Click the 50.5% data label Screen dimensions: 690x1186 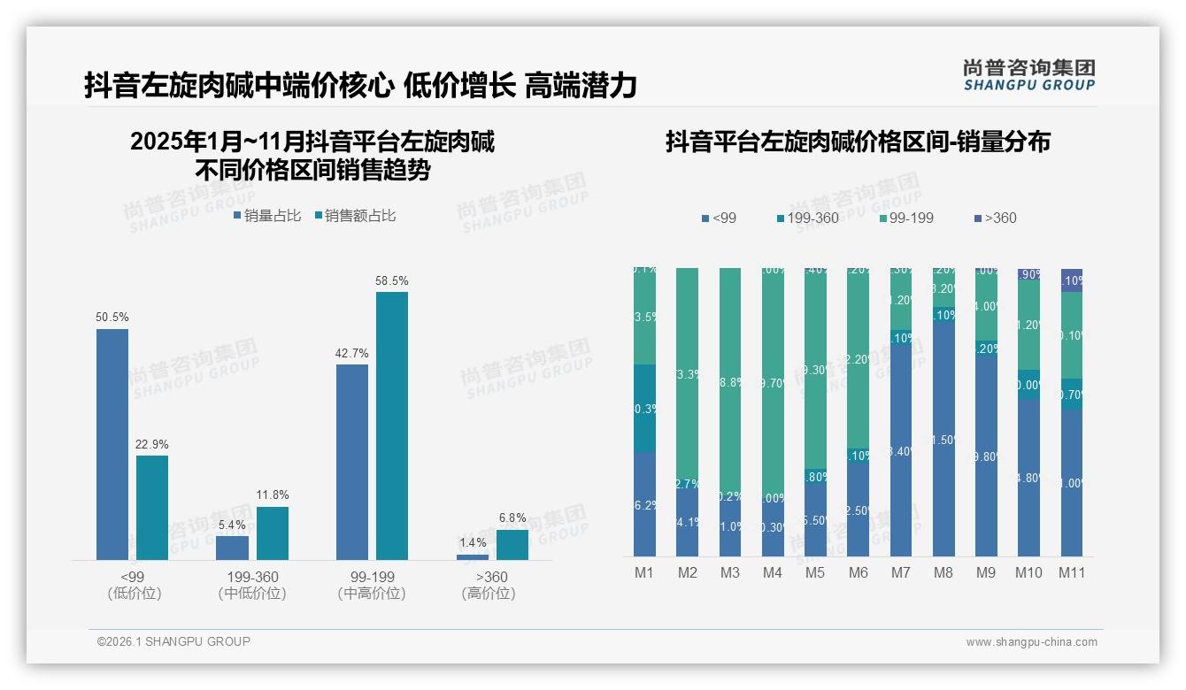point(112,318)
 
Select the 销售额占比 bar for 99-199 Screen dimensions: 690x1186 point(391,425)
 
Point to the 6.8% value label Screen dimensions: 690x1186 point(512,518)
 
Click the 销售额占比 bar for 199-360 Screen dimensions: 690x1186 point(272,533)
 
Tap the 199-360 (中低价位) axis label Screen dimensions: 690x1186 point(252,585)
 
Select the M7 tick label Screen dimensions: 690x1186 point(900,573)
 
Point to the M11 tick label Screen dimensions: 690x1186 point(1072,573)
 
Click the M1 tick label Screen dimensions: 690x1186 point(644,573)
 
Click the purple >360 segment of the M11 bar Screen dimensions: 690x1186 point(1072,280)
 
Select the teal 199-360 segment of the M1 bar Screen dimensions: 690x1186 point(644,408)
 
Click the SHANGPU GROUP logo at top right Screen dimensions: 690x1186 point(1028,75)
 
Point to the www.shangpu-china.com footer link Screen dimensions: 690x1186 point(1031,642)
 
